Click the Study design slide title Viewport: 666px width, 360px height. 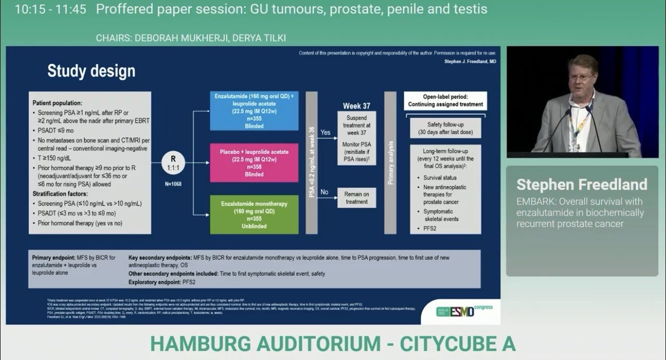(x=91, y=71)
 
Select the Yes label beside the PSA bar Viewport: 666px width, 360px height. (x=326, y=132)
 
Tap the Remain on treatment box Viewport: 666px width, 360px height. (x=357, y=197)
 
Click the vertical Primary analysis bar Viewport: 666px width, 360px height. (x=390, y=163)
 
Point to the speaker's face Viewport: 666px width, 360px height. (x=581, y=76)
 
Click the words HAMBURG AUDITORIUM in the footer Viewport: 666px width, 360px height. (x=265, y=343)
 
